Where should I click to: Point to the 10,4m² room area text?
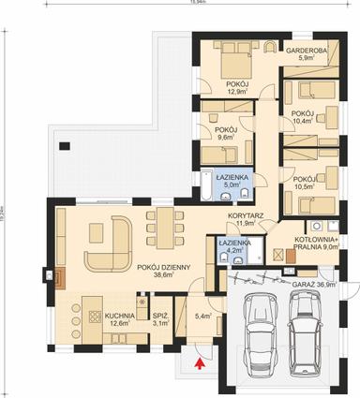[303, 121]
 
